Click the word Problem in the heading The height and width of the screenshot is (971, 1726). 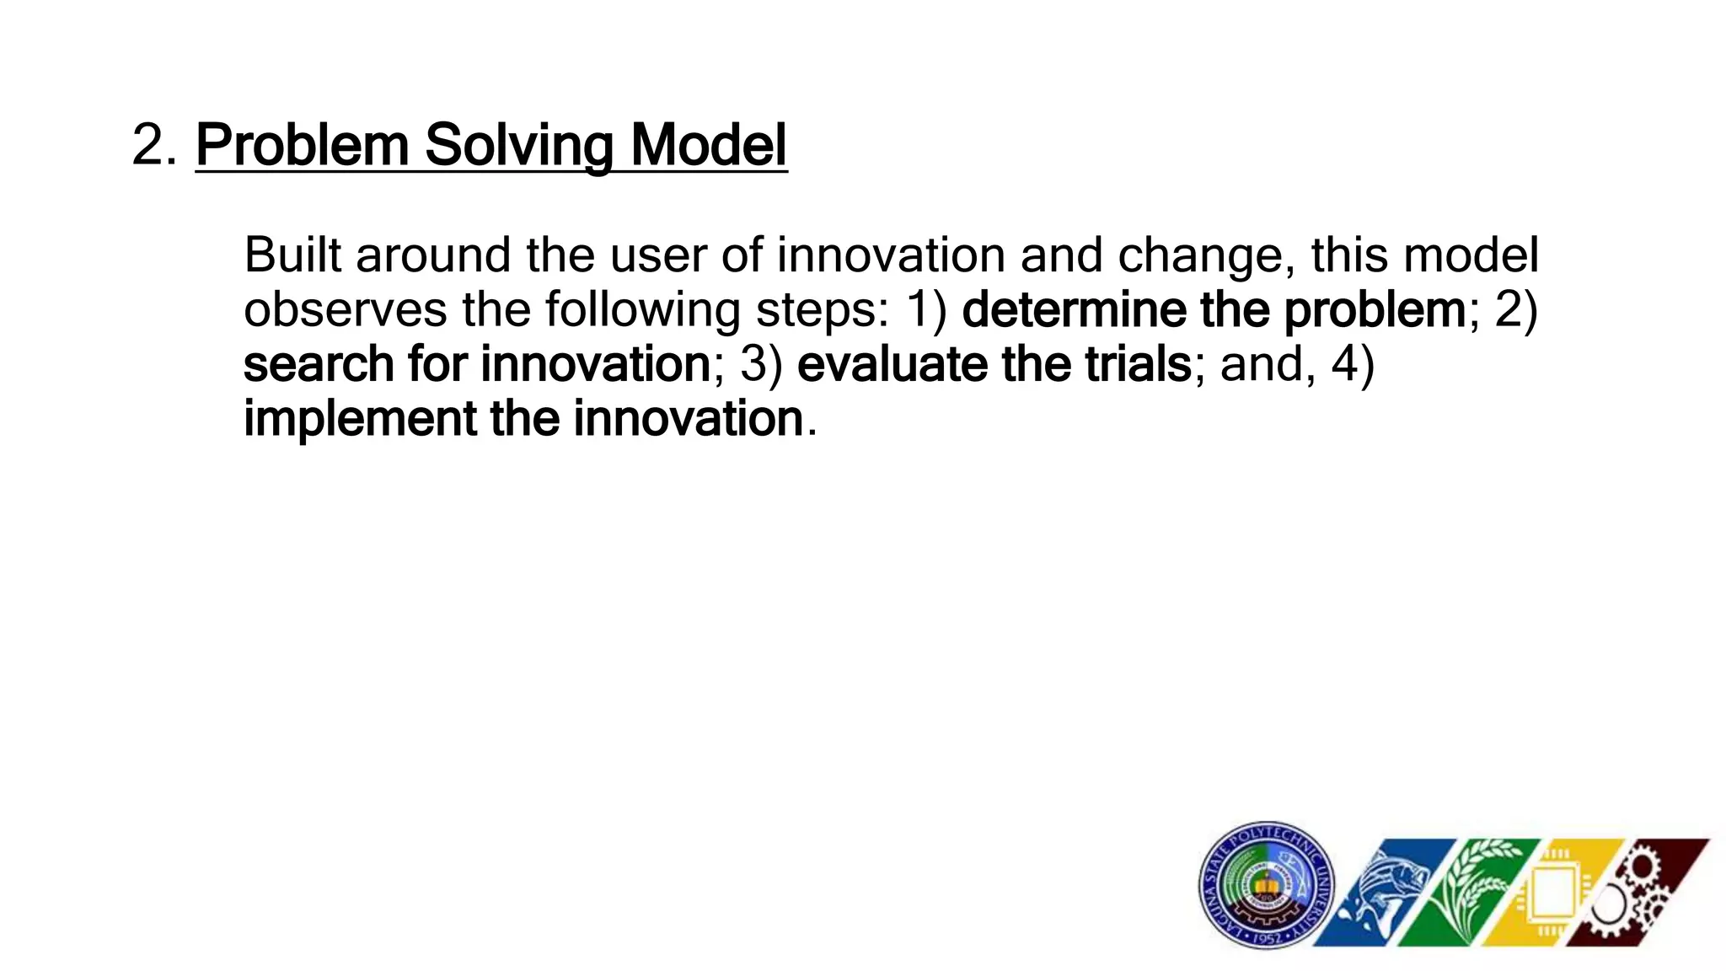tap(302, 146)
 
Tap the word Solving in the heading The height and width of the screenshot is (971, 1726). tap(518, 146)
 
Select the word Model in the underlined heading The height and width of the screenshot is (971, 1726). tap(708, 146)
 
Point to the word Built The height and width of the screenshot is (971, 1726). tap(292, 255)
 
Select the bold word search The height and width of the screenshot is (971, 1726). tap(319, 364)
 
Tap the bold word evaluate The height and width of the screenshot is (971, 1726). tap(892, 364)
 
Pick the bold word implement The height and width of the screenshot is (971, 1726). tap(359, 419)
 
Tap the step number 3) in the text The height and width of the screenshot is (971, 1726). tap(762, 364)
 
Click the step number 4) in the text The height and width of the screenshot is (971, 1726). tap(1353, 364)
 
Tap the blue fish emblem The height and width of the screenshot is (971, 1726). tap(1382, 893)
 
